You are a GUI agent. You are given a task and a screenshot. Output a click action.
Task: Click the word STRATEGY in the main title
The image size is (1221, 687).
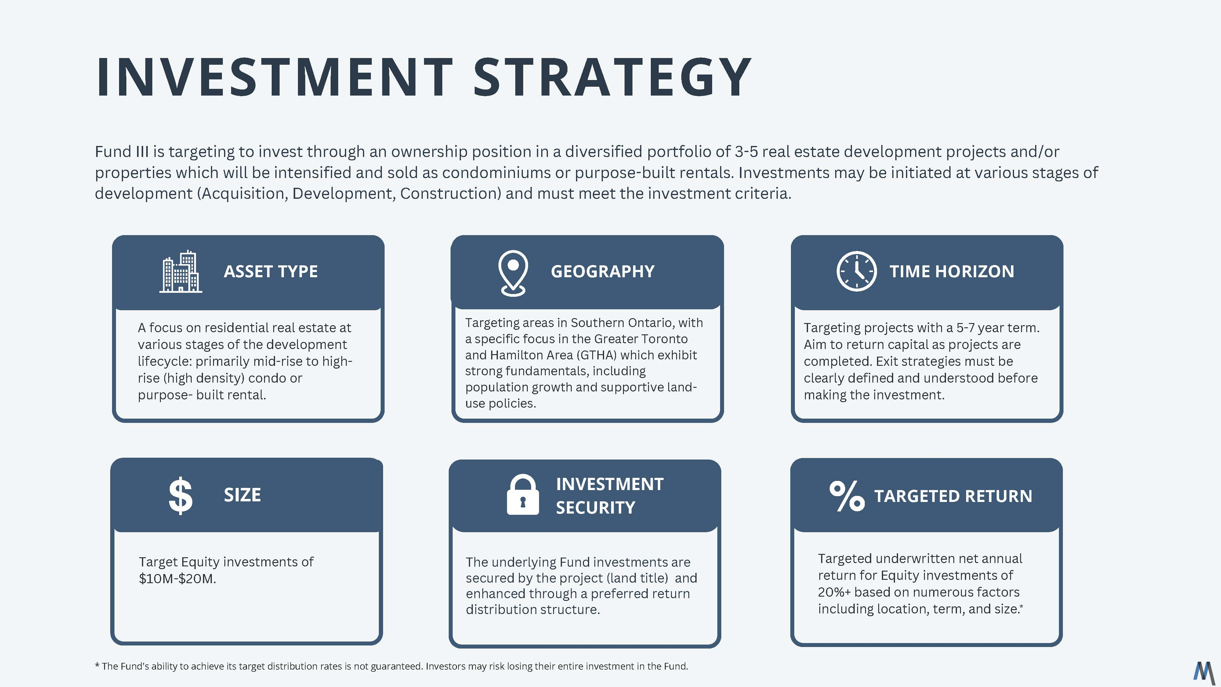coord(612,77)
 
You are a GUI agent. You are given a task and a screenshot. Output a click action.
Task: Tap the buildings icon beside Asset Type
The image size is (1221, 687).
coord(181,272)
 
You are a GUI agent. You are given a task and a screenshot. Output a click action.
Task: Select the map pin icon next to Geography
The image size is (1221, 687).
coord(513,273)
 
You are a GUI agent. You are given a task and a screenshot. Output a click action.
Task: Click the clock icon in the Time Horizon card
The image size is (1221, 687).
coord(857,271)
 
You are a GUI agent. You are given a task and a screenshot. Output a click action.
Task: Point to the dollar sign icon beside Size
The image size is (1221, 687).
coord(181,496)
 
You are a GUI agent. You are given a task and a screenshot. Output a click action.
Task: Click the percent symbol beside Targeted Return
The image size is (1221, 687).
coord(847,496)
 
